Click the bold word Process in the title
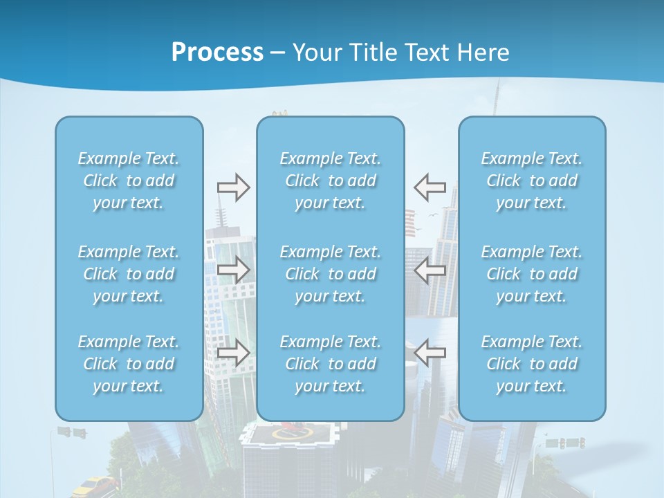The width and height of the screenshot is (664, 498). pos(217,53)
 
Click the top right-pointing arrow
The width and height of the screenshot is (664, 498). pos(233,187)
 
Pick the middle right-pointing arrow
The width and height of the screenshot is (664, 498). pos(233,270)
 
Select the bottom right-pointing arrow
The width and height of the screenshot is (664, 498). pos(233,353)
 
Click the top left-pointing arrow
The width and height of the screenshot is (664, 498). pos(430,187)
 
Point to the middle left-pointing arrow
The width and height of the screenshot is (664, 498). pos(430,270)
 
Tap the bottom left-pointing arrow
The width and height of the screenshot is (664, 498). pos(430,353)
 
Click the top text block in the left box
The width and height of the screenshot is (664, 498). pos(129,181)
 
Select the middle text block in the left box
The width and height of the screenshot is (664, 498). pos(129,274)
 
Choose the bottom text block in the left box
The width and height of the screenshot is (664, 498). pos(129,364)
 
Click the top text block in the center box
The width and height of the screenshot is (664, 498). pos(331,181)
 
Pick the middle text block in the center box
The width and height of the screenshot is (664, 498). pos(331,274)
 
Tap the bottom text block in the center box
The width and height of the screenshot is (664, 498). pos(331,364)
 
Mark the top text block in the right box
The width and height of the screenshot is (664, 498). pos(532,181)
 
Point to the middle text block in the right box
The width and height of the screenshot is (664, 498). pos(532,274)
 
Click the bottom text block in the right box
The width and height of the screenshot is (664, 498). pos(532,364)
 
